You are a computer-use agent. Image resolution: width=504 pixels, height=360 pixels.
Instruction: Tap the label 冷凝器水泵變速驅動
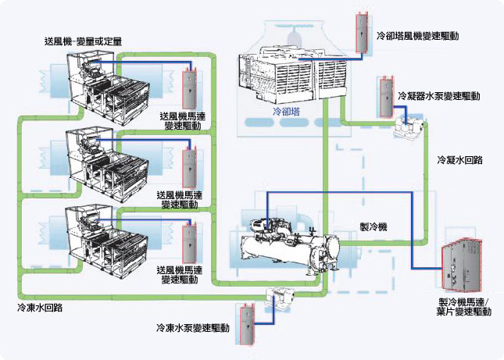click(438, 96)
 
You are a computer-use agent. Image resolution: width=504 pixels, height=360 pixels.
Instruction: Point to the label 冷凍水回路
click(40, 308)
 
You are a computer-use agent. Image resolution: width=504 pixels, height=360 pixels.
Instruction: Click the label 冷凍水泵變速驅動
click(192, 329)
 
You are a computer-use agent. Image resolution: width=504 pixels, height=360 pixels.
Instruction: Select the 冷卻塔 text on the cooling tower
click(286, 112)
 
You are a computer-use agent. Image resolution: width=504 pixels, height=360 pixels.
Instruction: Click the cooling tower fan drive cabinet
click(361, 33)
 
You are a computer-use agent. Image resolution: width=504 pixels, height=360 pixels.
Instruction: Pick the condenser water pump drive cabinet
click(384, 95)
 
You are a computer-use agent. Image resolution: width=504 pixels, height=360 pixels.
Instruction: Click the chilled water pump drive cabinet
click(245, 326)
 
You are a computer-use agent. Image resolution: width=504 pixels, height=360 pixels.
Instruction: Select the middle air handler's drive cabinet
click(188, 165)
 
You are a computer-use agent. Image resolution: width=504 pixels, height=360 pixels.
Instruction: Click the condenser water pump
click(409, 125)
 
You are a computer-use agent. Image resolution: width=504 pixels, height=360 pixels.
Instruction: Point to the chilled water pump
click(280, 297)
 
